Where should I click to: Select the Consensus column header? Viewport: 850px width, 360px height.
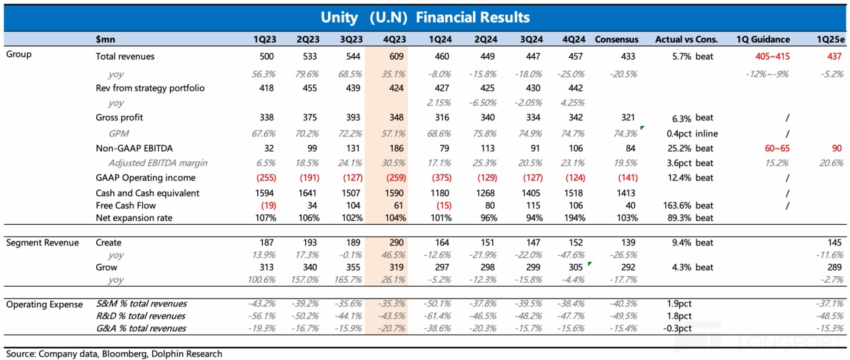[x=616, y=40]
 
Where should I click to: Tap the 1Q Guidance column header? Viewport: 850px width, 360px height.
[x=763, y=40]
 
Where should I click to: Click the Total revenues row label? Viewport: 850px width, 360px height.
[x=125, y=57]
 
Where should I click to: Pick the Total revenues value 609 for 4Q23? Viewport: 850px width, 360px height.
[x=398, y=57]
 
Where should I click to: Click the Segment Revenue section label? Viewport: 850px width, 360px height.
[x=42, y=243]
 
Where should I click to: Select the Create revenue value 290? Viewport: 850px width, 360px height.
[x=398, y=243]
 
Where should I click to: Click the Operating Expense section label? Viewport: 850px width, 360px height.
[x=45, y=304]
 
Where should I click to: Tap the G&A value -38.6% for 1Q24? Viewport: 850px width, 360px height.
[x=437, y=328]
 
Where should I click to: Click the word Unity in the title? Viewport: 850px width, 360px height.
[x=339, y=17]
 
